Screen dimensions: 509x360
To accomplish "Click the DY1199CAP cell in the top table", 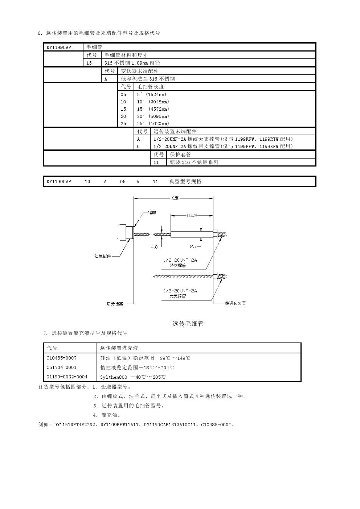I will click(59, 48).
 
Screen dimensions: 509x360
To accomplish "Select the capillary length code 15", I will click(123, 109).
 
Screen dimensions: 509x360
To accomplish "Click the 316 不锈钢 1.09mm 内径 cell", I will click(132, 63).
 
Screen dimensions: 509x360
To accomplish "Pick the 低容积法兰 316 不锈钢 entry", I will click(148, 79).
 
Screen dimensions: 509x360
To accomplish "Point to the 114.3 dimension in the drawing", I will click(192, 216).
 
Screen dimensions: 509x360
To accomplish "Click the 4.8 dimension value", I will click(154, 247).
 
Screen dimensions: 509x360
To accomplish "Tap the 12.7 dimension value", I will click(192, 247).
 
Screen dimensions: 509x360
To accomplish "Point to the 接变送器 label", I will click(115, 304).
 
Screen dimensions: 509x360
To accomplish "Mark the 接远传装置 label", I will click(236, 303).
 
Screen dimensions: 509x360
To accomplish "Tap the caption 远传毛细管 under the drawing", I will click(188, 324).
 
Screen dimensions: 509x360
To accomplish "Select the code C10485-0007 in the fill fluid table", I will click(62, 358).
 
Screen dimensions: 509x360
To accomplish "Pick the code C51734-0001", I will click(62, 368).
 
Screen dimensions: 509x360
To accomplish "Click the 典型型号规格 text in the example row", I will click(185, 182).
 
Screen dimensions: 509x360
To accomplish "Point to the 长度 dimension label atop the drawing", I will click(175, 198).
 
